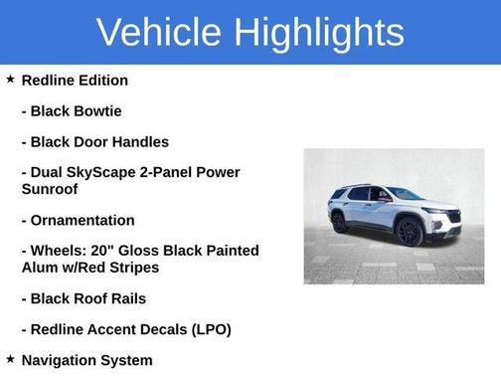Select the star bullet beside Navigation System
(x=10, y=359)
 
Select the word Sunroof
(x=50, y=188)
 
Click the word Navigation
(x=61, y=360)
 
